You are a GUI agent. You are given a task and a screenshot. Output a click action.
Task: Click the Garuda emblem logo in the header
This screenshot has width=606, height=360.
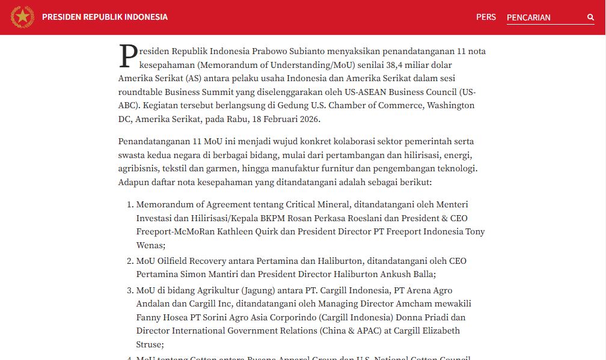pos(22,17)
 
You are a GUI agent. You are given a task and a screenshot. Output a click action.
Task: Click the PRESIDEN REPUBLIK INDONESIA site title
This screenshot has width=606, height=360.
pos(105,17)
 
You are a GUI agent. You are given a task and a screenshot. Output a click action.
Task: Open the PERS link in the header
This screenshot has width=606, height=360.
pos(486,17)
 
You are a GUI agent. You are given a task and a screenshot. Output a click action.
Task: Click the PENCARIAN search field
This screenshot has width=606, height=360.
pos(544,17)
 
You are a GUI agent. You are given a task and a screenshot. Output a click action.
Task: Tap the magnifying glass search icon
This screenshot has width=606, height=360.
pos(590,17)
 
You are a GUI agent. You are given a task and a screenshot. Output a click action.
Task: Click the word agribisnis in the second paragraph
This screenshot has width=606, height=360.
pos(139,168)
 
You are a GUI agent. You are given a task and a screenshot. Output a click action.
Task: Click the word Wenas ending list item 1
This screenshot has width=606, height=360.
pos(149,245)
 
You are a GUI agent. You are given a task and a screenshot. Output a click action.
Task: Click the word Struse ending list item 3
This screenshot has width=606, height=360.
pos(149,344)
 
